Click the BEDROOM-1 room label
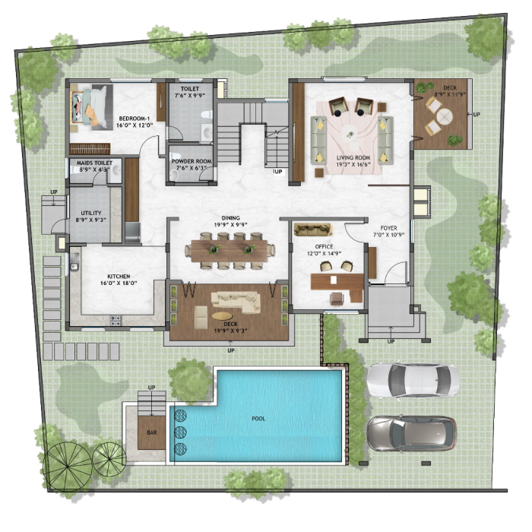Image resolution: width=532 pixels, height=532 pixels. [135, 119]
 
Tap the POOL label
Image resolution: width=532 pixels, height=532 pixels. [258, 419]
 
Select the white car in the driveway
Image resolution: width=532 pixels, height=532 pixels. [413, 380]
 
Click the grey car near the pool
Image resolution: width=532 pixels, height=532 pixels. [412, 433]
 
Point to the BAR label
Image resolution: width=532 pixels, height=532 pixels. [152, 432]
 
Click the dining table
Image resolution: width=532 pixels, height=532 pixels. [230, 251]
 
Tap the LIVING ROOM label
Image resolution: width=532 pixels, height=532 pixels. [353, 158]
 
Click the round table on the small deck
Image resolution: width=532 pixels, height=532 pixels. [445, 117]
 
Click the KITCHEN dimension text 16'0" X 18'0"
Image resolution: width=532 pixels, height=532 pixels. [119, 283]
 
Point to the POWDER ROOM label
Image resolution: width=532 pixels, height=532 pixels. [192, 161]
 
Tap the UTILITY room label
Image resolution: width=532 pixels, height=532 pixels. [91, 213]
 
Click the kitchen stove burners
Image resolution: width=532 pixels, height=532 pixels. [115, 320]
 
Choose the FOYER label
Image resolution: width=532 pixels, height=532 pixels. [388, 228]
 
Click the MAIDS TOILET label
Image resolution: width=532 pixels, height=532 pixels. [94, 163]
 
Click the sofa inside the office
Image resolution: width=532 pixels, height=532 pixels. [313, 230]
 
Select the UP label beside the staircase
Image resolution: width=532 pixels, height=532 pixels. [278, 172]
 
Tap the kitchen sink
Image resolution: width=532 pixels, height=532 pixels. [74, 263]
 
